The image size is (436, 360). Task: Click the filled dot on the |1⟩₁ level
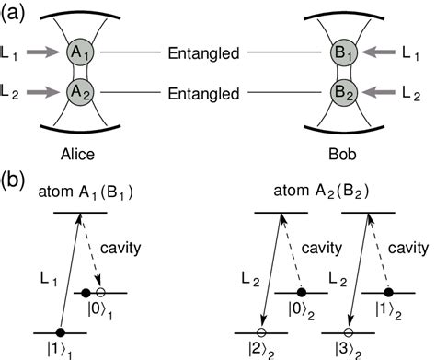[61, 332]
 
